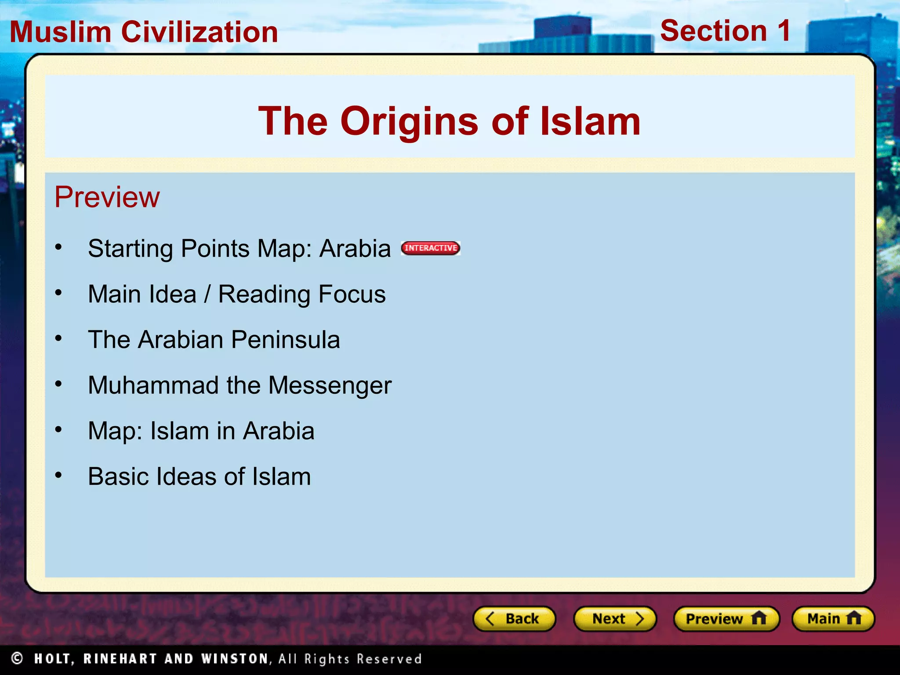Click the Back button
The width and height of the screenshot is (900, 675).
point(514,619)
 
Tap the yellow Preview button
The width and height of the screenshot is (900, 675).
point(726,619)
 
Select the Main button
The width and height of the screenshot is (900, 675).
point(833,619)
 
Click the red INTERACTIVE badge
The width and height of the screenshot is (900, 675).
point(431,248)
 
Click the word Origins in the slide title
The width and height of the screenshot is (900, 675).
point(409,122)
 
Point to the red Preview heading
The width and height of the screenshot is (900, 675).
point(107,197)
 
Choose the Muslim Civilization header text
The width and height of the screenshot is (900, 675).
point(144,32)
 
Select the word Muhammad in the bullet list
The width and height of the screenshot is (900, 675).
point(153,385)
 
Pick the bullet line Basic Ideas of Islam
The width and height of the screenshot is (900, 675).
point(199,476)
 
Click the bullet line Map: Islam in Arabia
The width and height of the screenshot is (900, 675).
point(201,431)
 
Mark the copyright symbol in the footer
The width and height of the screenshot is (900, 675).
point(17,658)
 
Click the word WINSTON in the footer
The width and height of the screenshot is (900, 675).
point(235,659)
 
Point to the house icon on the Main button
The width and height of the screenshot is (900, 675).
point(853,618)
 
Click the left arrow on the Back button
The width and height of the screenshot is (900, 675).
point(490,619)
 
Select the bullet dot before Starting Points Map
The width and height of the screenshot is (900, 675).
point(58,247)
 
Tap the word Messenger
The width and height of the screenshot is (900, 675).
point(330,385)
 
